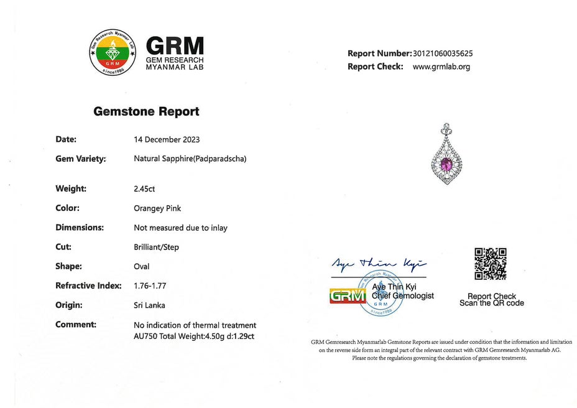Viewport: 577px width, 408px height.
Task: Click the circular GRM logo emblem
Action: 112,53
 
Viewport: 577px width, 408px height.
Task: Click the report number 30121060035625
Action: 442,53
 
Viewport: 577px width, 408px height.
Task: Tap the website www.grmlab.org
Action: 441,67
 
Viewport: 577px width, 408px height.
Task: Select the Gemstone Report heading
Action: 146,112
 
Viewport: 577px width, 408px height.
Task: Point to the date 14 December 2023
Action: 167,139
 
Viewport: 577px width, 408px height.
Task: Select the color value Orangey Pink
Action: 157,208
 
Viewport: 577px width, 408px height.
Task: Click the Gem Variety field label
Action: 81,159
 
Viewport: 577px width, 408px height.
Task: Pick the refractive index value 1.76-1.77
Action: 150,285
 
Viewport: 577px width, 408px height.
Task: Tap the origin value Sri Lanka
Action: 149,305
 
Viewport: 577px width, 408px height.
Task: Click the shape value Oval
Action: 142,266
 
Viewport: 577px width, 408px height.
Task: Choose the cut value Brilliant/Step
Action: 156,247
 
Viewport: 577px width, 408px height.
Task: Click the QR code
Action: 490,264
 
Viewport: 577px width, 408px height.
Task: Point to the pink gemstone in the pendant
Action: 446,164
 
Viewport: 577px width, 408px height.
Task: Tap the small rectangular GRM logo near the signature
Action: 347,296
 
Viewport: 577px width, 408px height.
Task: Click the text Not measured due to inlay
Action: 180,228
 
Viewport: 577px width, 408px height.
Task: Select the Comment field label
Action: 76,324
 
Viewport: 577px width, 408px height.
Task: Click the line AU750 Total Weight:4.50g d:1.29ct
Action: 194,336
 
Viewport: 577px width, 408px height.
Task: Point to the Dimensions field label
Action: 80,228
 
